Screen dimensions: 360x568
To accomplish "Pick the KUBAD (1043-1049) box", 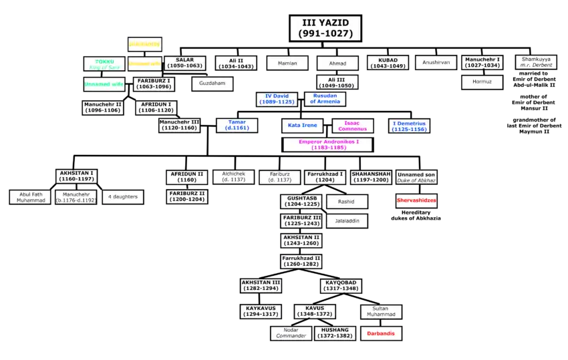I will click(388, 63).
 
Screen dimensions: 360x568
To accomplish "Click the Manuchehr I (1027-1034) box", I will click(482, 63).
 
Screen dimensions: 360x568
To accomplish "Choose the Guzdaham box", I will click(212, 83).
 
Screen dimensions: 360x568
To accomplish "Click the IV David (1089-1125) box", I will click(277, 99).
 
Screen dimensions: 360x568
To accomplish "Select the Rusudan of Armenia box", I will click(325, 99).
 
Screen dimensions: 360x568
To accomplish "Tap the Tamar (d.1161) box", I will click(232, 125).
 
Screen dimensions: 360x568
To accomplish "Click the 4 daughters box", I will click(122, 197).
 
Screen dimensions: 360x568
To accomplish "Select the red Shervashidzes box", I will click(416, 200).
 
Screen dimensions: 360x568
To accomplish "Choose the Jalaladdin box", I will click(346, 221).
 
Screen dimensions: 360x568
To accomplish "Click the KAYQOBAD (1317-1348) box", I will click(343, 286).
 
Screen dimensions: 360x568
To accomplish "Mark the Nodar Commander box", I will click(290, 333).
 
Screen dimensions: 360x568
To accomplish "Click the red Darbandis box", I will click(381, 332).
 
